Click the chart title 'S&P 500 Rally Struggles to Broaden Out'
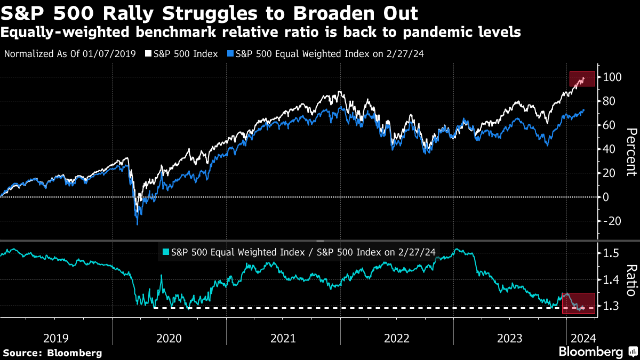click(x=210, y=13)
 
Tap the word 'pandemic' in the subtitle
click(x=427, y=33)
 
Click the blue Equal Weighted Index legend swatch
click(x=230, y=54)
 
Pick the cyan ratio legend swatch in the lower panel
click(x=165, y=252)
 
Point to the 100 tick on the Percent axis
click(x=610, y=77)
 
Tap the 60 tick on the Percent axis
click(x=610, y=125)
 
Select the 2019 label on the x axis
click(x=55, y=338)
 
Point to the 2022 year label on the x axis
click(x=397, y=338)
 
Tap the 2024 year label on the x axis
click(x=578, y=338)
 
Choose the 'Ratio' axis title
click(x=631, y=280)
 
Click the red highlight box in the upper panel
click(x=582, y=78)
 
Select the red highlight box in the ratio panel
click(x=579, y=303)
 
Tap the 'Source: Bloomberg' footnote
click(x=52, y=353)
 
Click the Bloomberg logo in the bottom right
click(x=597, y=352)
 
